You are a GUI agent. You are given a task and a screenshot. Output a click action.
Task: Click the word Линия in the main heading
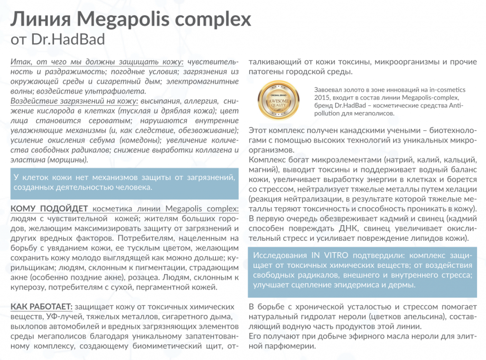[39, 20]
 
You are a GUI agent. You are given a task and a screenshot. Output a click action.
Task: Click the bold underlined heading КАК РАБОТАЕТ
[41, 306]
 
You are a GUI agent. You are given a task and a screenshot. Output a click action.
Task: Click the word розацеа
[141, 277]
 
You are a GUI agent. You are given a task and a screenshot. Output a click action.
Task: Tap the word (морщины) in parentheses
[68, 160]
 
